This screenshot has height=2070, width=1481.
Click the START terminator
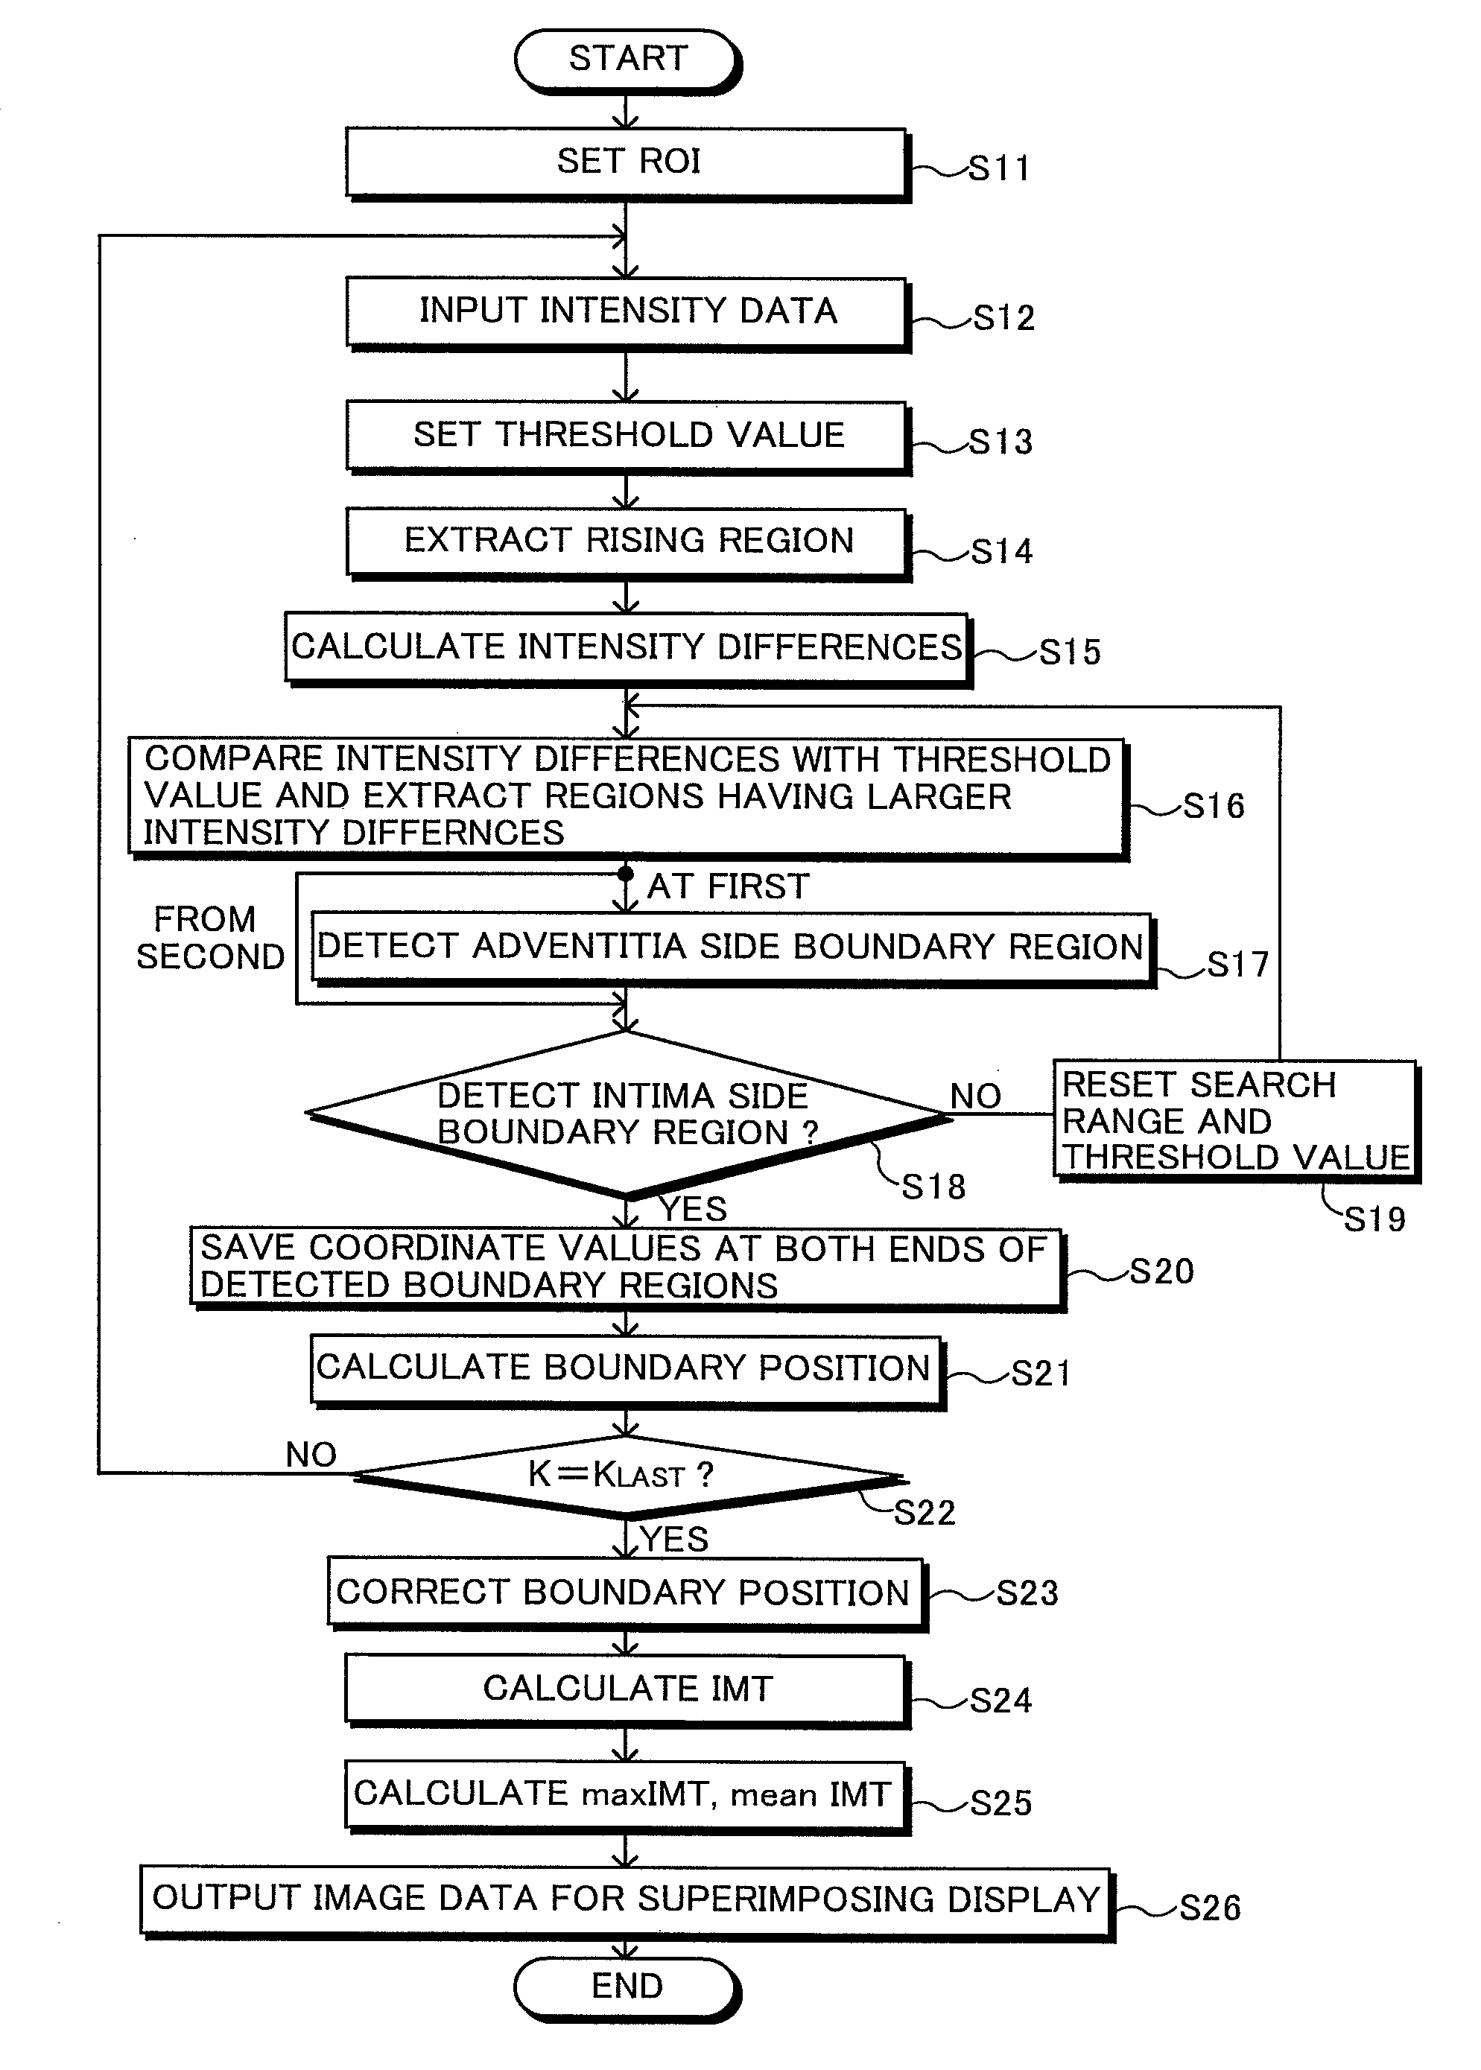pos(627,60)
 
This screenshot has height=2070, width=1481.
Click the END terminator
pos(627,1988)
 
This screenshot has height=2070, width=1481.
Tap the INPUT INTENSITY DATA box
pos(627,314)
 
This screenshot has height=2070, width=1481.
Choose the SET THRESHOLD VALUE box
pos(627,436)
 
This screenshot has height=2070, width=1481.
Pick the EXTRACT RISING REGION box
pos(627,544)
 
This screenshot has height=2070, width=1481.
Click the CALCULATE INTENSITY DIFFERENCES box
pos(628,650)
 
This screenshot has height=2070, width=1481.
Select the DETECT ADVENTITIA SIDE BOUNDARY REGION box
pos(732,949)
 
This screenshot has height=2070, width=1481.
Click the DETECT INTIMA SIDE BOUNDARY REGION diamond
pos(627,1114)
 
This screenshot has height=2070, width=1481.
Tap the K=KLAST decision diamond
pos(627,1476)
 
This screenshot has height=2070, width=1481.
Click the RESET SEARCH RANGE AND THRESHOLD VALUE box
pos(1237,1121)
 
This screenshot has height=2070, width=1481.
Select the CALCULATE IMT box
pos(627,1692)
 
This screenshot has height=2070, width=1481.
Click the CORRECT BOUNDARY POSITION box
pos(627,1595)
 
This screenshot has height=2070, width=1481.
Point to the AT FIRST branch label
pos(728,886)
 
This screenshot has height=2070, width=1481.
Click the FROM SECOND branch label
pos(210,938)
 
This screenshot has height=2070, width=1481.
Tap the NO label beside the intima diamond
pos(976,1096)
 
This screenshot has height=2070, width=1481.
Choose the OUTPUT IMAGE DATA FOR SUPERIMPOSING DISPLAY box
pos(627,1902)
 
